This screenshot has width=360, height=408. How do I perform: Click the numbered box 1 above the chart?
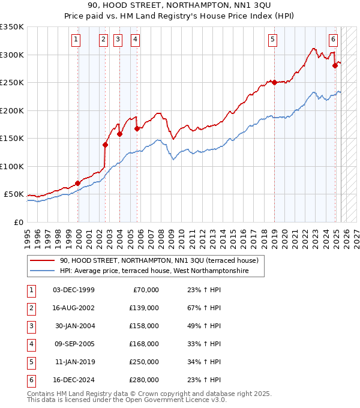[x=76, y=40]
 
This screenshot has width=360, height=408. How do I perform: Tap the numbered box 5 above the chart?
[x=272, y=40]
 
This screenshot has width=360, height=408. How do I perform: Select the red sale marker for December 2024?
[x=335, y=65]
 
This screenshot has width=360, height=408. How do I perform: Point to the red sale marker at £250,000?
[x=274, y=82]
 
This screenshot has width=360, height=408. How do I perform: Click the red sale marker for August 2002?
[x=105, y=145]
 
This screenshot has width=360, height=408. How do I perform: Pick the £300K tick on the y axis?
[x=12, y=55]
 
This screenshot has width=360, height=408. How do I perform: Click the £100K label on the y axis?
[x=12, y=166]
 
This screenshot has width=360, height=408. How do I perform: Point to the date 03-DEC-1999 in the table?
[x=74, y=290]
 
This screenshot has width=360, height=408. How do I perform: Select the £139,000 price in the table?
[x=144, y=308]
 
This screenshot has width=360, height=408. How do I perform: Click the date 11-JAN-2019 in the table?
[x=74, y=362]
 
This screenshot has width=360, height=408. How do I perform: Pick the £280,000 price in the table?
[x=144, y=380]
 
